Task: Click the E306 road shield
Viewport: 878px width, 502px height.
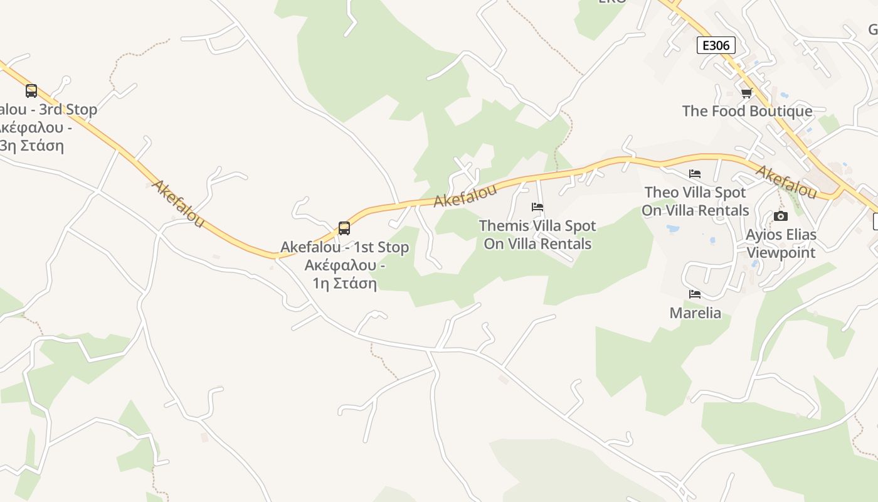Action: (716, 45)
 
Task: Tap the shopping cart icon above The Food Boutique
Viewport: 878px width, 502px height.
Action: (746, 93)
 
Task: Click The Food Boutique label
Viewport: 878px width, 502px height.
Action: (747, 111)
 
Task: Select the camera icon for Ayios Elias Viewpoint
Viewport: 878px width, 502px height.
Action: (781, 216)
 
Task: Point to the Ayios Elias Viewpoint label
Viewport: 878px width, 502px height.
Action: (781, 243)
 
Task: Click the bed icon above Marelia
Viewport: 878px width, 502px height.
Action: (695, 294)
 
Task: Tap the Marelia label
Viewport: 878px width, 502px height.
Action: (695, 312)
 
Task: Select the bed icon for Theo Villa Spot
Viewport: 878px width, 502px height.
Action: (695, 174)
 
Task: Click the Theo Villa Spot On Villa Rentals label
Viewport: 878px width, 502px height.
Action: (695, 201)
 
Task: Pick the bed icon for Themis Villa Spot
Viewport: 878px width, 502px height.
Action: (537, 207)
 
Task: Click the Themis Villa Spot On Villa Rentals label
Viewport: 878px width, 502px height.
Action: (537, 234)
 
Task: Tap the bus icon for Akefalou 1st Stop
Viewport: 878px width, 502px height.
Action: (344, 228)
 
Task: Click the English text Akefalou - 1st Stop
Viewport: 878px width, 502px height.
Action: (344, 247)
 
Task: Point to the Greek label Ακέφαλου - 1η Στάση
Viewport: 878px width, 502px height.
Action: (344, 274)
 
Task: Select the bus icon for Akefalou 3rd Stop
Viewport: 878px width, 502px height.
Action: (31, 91)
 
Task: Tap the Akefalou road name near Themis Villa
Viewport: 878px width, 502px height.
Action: (465, 195)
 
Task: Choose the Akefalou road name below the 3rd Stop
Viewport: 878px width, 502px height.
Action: (178, 203)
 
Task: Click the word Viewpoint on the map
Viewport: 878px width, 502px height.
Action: (781, 252)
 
